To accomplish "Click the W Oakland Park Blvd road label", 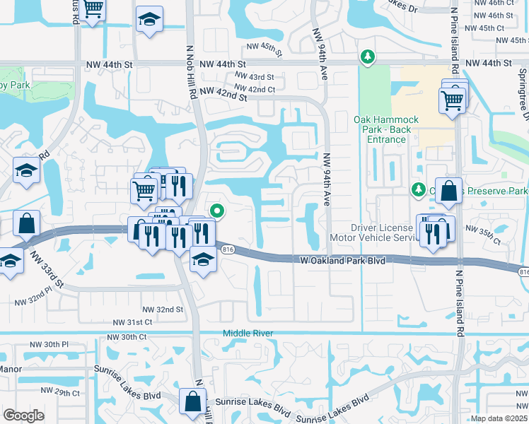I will (x=342, y=261).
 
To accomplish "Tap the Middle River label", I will (x=248, y=333).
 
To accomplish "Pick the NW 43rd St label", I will (x=254, y=76).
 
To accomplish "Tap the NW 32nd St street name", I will (x=163, y=310).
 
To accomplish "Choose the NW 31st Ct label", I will (x=132, y=322).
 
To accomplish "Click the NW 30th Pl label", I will (x=49, y=344).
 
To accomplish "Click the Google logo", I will (x=24, y=415).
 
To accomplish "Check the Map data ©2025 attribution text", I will (x=498, y=418).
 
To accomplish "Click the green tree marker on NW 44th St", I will (x=367, y=56).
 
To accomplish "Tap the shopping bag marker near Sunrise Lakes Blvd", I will (x=192, y=401).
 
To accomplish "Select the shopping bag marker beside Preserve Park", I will (x=448, y=190).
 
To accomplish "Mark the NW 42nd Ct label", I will (x=255, y=89).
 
